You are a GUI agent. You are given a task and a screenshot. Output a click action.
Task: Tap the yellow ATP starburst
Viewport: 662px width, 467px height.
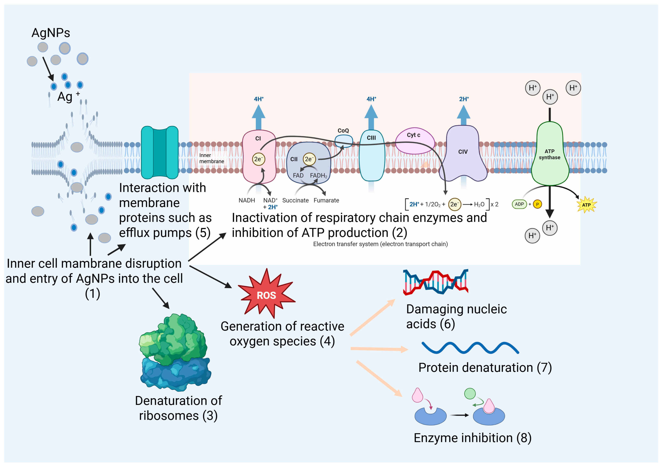(587, 205)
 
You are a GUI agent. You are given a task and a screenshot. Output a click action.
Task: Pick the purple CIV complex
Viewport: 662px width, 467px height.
(463, 156)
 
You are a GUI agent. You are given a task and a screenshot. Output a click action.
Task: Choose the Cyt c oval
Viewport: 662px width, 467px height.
(414, 141)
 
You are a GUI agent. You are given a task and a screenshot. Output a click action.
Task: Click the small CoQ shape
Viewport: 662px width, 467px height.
(343, 141)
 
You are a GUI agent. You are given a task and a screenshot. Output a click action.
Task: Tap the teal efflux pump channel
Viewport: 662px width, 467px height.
(159, 152)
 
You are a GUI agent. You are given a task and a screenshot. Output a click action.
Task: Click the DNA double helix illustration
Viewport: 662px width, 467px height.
(435, 282)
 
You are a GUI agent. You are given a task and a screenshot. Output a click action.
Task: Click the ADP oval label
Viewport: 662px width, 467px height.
(519, 204)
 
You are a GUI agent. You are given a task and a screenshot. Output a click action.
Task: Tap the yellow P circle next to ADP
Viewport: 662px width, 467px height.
(537, 204)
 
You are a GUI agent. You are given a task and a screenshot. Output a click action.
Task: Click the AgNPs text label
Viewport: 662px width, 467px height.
(51, 33)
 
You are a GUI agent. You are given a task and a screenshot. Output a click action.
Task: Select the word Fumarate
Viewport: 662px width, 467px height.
(326, 200)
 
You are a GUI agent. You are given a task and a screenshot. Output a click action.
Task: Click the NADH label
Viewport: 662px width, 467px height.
(247, 200)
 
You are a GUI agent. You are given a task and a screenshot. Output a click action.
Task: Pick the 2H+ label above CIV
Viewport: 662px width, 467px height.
(464, 99)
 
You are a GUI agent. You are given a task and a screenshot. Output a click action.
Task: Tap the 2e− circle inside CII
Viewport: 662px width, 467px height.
(309, 159)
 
